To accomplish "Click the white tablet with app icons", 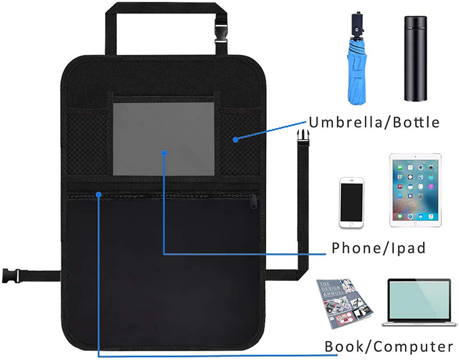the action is pos(415,190).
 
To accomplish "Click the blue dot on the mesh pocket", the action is pos(235,140).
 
